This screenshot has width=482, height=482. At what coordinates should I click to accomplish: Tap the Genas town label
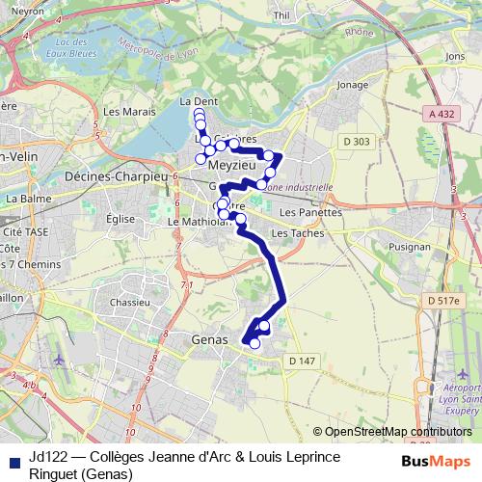(x=211, y=339)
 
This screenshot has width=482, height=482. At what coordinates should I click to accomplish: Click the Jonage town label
(x=353, y=84)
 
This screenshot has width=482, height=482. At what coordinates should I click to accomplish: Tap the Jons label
(x=456, y=57)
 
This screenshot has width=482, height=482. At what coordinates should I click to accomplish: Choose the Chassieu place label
(x=129, y=302)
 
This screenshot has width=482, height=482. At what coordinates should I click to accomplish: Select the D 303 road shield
(x=356, y=142)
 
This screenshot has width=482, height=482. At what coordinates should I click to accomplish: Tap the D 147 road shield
(x=302, y=360)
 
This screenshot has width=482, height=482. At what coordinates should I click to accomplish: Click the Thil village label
(x=282, y=14)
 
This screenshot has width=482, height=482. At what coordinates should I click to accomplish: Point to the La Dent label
(x=199, y=100)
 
